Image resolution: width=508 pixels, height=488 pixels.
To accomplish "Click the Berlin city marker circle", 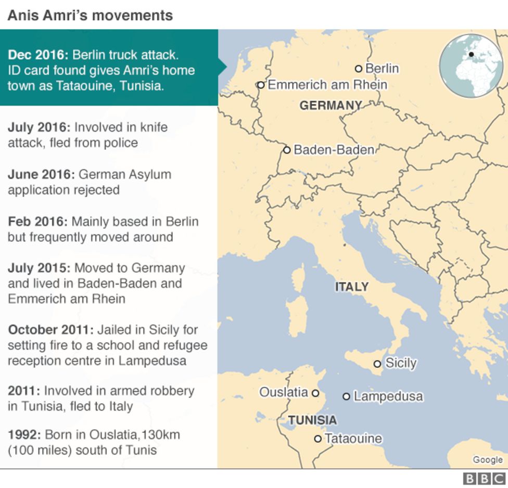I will point(359,69).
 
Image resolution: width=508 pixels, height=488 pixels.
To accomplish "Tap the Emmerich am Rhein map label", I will point(327,84).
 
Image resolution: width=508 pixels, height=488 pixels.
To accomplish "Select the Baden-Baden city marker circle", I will point(287,150).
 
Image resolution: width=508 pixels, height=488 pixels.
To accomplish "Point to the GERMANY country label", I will point(331,106).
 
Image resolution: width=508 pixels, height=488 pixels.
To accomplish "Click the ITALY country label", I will point(351,287).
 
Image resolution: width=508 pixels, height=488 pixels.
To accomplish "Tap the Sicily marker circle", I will point(377,364).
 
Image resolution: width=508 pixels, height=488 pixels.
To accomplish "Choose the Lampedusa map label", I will point(388,396).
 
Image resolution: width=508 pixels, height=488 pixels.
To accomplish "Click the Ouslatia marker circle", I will point(315,393).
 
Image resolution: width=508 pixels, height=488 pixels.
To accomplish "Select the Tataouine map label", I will point(353,439).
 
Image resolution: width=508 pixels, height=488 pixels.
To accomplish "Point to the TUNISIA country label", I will point(312,420).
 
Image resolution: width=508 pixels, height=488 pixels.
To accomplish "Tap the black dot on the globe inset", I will point(471,54).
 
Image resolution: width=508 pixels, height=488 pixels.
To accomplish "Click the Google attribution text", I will point(488,459).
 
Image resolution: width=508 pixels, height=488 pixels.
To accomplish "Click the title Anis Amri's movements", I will point(90,16).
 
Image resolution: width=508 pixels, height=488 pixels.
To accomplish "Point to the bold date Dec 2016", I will point(38,55).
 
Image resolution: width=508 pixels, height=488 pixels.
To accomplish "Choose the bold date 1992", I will point(24,434).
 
